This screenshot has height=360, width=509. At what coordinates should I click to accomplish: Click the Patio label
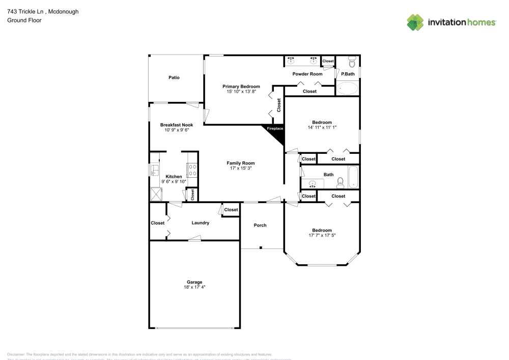(x=174, y=78)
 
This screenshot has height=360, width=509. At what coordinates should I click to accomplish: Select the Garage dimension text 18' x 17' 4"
(x=194, y=287)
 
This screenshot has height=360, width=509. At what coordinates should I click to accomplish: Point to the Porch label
(x=260, y=225)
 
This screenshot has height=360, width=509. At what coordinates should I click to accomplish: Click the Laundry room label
(x=200, y=223)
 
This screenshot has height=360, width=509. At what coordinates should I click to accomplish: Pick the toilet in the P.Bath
(x=351, y=63)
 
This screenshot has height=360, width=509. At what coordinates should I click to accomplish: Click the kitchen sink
(x=154, y=170)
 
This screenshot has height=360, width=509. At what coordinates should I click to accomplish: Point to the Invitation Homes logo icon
(x=415, y=22)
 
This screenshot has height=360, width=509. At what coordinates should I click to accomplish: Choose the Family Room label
(x=241, y=163)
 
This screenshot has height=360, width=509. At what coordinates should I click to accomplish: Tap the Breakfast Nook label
(x=176, y=125)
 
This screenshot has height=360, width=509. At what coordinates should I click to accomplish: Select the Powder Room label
(x=307, y=74)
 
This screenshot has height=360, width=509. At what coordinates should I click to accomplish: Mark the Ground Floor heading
(x=24, y=20)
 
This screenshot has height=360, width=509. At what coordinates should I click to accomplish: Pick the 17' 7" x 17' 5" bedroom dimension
(x=322, y=236)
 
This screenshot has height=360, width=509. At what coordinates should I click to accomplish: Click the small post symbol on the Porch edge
(x=261, y=248)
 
